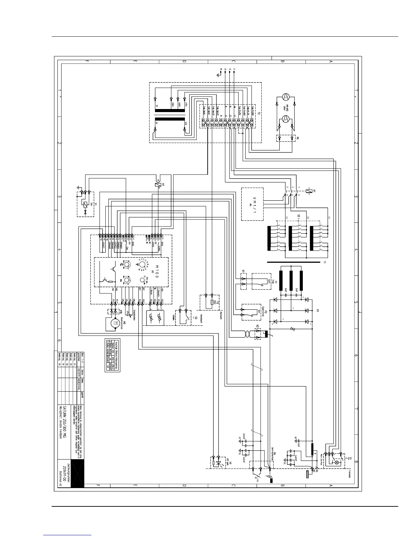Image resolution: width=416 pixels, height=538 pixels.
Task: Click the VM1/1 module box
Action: point(252,204)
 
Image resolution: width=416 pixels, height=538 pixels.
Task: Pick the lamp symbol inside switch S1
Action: point(337,462)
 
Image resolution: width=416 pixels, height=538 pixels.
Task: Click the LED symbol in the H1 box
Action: point(220,463)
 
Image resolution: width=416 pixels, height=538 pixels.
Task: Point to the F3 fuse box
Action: point(209,302)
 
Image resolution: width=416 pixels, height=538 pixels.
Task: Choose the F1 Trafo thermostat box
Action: point(262,281)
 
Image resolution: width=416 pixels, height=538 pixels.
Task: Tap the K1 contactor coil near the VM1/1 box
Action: point(309,191)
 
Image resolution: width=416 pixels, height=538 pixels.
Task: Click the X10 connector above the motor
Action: point(114,311)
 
